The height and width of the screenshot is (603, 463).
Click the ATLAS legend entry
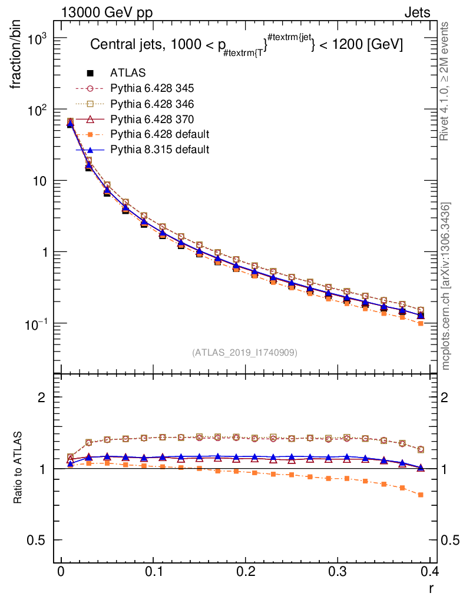[x=128, y=73]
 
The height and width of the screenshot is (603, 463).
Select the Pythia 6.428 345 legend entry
[x=152, y=88]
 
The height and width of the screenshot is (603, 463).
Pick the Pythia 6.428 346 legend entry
[x=152, y=104]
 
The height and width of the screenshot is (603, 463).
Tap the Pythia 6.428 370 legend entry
[x=152, y=119]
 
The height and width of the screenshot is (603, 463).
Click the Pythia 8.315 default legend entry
[x=160, y=150]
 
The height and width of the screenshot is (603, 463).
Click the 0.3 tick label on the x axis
[x=338, y=571]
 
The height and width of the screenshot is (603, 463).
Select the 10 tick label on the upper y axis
[x=39, y=181]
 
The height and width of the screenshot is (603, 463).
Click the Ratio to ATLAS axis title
[x=18, y=468]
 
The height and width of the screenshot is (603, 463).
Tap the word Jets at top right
[x=416, y=12]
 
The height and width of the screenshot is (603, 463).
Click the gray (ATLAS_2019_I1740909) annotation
[x=244, y=353]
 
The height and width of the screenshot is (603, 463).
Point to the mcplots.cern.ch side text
[x=446, y=286]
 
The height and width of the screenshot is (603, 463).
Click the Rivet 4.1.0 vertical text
[x=445, y=81]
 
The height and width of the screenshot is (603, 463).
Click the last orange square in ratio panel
[x=421, y=495]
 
